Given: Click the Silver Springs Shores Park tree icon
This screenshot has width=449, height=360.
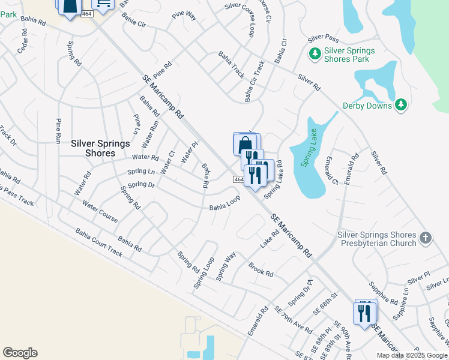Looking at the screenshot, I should point(315,55).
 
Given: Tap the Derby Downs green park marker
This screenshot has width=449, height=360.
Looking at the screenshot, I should point(402,106).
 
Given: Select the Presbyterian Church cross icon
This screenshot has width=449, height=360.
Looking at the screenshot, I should point(426,238).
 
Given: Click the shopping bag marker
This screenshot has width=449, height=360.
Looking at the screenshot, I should point(244,145).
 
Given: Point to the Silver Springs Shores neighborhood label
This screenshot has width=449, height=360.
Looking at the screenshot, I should point(93,148).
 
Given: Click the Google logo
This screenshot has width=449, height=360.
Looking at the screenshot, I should point(20,353).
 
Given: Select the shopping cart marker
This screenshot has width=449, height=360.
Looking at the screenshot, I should point(103,5).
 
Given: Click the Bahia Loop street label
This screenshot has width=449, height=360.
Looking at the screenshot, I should point(224,205).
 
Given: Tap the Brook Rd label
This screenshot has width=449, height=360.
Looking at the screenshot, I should point(261,269).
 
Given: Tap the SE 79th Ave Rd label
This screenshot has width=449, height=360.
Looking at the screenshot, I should point(292,321).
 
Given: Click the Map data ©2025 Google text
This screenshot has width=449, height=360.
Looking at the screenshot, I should point(411,355).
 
